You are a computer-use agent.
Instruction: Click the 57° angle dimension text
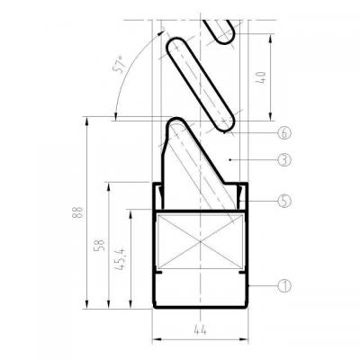(119, 65)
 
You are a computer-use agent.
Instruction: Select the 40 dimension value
(261, 77)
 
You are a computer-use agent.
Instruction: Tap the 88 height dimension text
(78, 212)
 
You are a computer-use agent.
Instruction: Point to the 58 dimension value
(101, 245)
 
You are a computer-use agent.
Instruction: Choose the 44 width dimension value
(201, 330)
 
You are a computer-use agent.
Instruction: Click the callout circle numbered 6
(284, 132)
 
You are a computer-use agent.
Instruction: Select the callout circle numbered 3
(284, 160)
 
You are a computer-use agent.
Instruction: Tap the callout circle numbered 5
(284, 201)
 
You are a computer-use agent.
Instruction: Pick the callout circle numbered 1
(284, 286)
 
